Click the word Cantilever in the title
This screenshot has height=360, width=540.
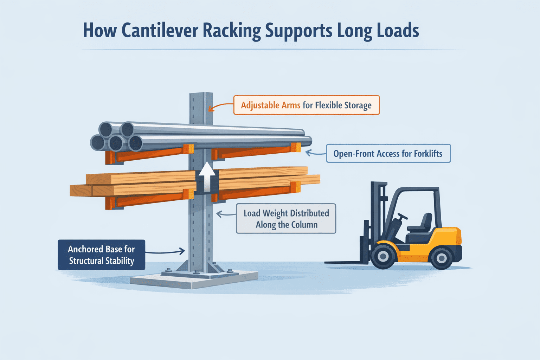[160, 31]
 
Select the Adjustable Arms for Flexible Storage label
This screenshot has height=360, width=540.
[306, 105]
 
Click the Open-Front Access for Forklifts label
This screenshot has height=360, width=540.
[388, 154]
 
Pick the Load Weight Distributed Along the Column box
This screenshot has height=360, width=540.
[286, 219]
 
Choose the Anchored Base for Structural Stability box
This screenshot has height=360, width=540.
[101, 255]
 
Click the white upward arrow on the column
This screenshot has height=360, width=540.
[207, 175]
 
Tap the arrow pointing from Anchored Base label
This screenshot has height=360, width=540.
[165, 251]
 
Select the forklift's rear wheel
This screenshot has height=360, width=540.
[441, 258]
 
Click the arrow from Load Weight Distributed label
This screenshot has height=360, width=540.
[225, 214]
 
